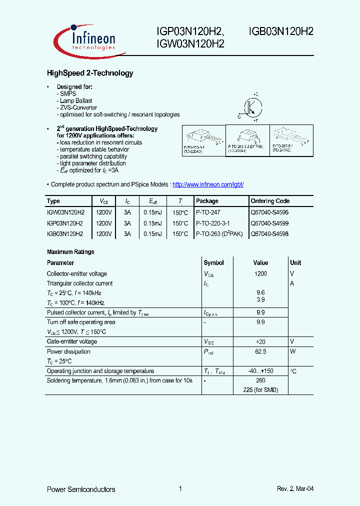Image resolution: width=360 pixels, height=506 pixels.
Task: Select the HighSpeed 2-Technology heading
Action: (x=90, y=73)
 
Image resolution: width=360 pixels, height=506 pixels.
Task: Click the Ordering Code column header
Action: (x=270, y=201)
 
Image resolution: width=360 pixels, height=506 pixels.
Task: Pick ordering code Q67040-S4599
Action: (x=269, y=223)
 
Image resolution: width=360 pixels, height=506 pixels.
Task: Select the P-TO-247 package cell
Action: (x=207, y=212)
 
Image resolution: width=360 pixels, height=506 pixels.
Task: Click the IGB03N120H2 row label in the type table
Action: (x=65, y=234)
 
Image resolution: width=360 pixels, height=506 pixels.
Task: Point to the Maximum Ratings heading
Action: (x=70, y=252)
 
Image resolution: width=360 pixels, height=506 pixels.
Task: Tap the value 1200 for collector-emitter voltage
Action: (x=260, y=274)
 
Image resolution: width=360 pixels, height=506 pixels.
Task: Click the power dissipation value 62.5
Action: (x=260, y=352)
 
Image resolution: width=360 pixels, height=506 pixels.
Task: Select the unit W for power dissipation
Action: (x=293, y=352)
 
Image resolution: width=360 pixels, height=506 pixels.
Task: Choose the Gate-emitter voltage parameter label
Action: (x=72, y=341)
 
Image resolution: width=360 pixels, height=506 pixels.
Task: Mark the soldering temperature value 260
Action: (x=260, y=380)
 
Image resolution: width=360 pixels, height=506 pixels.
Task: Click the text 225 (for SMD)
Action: (x=260, y=390)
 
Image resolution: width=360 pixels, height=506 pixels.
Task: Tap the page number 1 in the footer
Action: (x=180, y=489)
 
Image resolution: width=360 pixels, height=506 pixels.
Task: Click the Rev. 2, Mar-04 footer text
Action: (x=295, y=489)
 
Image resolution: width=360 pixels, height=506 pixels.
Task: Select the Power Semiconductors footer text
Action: (x=81, y=489)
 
